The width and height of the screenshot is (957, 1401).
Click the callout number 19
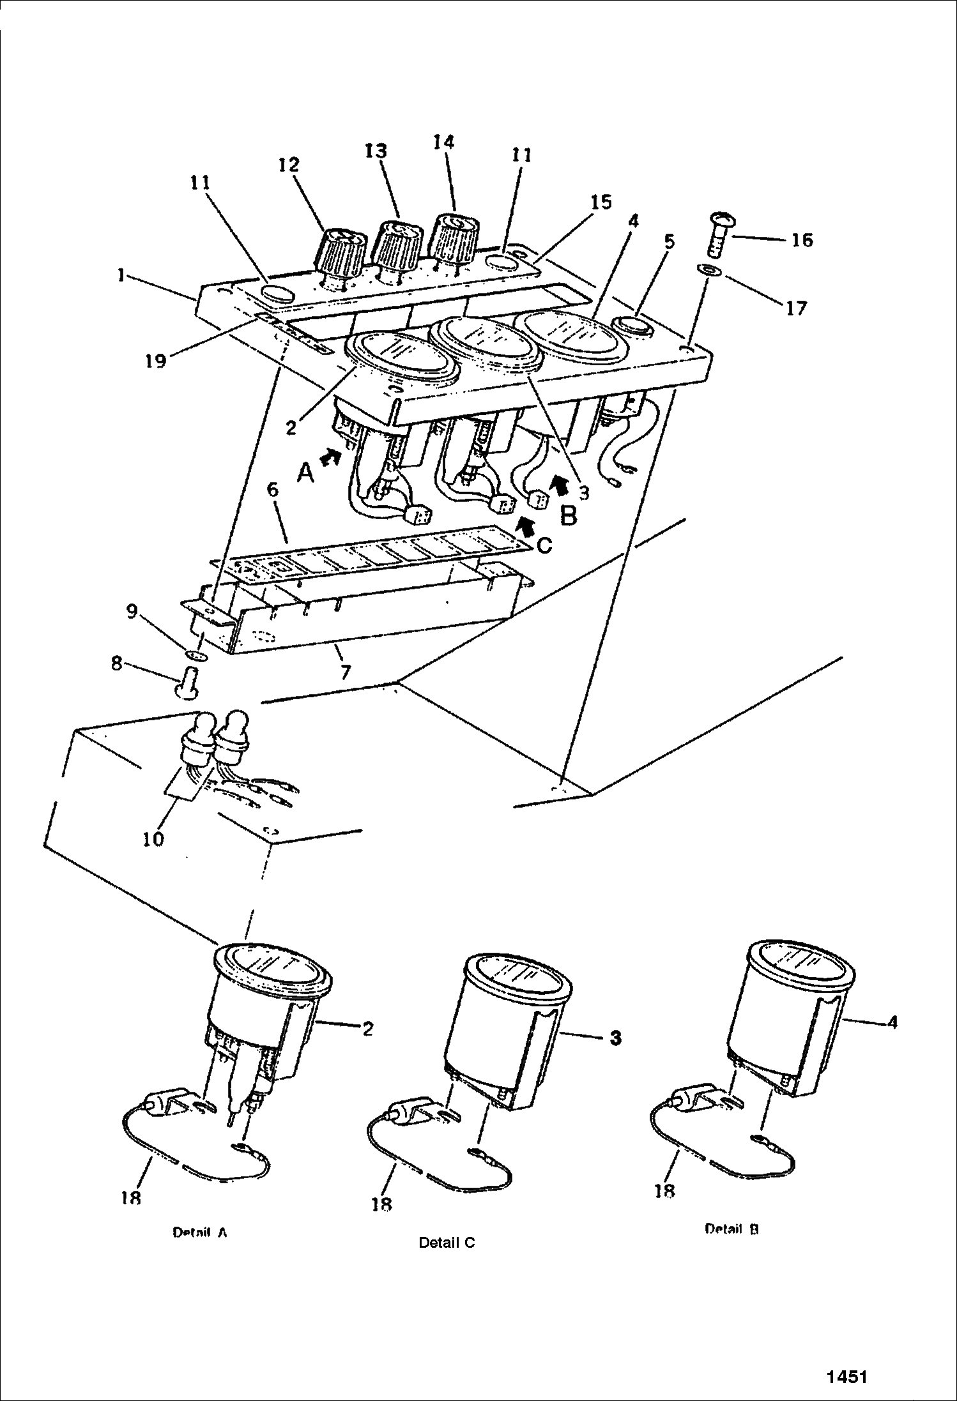pos(155,361)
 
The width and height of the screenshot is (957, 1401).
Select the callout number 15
pos(601,202)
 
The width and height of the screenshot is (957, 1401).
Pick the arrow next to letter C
pos(525,525)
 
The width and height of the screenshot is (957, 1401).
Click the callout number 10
pos(153,838)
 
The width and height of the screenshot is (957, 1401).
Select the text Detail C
pos(447,1243)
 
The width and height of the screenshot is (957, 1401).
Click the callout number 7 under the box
pos(345,672)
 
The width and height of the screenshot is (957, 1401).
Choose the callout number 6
pos(273,490)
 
